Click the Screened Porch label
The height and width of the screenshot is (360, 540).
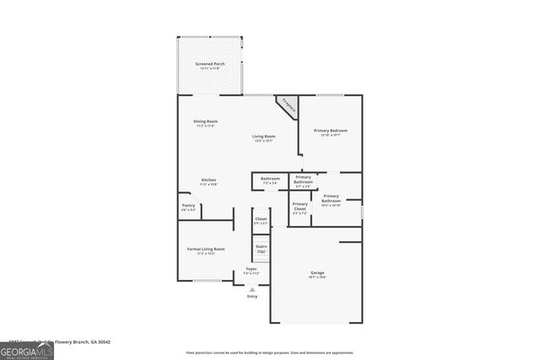[208, 66]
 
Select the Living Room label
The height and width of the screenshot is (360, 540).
[264, 138]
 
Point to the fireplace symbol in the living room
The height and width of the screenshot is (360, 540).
[289, 106]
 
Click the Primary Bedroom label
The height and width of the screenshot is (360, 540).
[331, 132]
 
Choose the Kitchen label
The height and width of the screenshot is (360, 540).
[208, 181]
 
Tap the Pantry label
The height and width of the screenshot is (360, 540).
[188, 207]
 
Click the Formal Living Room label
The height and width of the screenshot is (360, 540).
[206, 250]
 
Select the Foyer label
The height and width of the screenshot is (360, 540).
[251, 271]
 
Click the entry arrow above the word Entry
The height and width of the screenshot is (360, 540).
[251, 289]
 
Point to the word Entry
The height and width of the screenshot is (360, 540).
[251, 297]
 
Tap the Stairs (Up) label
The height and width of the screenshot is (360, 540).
[262, 250]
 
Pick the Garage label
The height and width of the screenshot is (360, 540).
[317, 274]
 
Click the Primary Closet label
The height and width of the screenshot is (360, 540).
[300, 208]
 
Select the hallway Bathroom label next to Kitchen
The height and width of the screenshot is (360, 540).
[270, 180]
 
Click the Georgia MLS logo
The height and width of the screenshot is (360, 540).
[27, 350]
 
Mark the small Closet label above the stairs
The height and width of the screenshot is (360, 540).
[262, 221]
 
